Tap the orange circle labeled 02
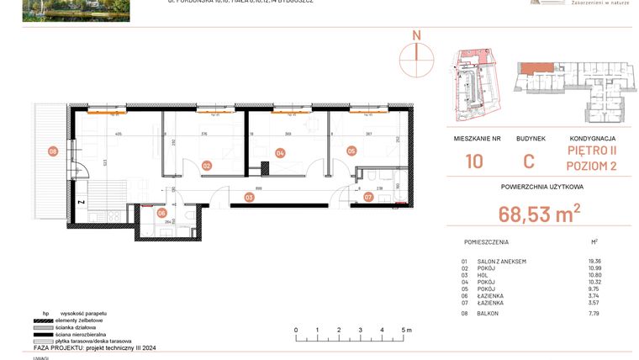206,166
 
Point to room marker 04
280,153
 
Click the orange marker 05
351,151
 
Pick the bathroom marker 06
161,214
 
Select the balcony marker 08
52,151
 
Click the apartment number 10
474,161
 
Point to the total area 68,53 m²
538,215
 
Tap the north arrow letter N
415,35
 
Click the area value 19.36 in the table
597,262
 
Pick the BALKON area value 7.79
595,313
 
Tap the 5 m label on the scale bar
405,331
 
